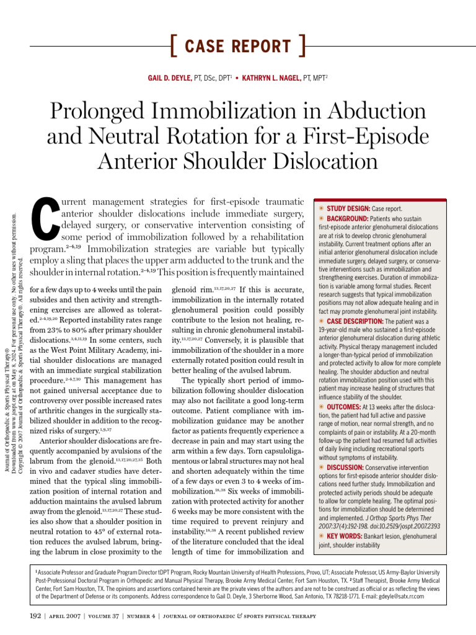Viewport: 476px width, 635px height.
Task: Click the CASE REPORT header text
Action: pos(237,47)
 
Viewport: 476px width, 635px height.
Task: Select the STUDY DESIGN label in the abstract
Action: pos(348,208)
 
